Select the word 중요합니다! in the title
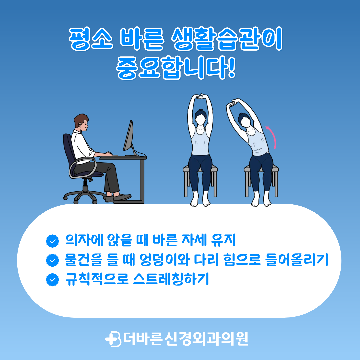tap(176, 67)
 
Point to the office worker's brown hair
tap(80, 119)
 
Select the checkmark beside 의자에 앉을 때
tap(53, 241)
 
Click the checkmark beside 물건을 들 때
tap(53, 260)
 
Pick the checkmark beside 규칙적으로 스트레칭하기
tap(53, 280)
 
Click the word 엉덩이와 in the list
tap(165, 260)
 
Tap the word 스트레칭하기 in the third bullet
tap(171, 279)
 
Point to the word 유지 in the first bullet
tap(224, 240)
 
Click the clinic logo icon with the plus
tap(113, 339)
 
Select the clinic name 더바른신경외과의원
tap(186, 339)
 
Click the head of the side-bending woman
tap(244, 119)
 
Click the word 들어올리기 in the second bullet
tap(297, 260)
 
